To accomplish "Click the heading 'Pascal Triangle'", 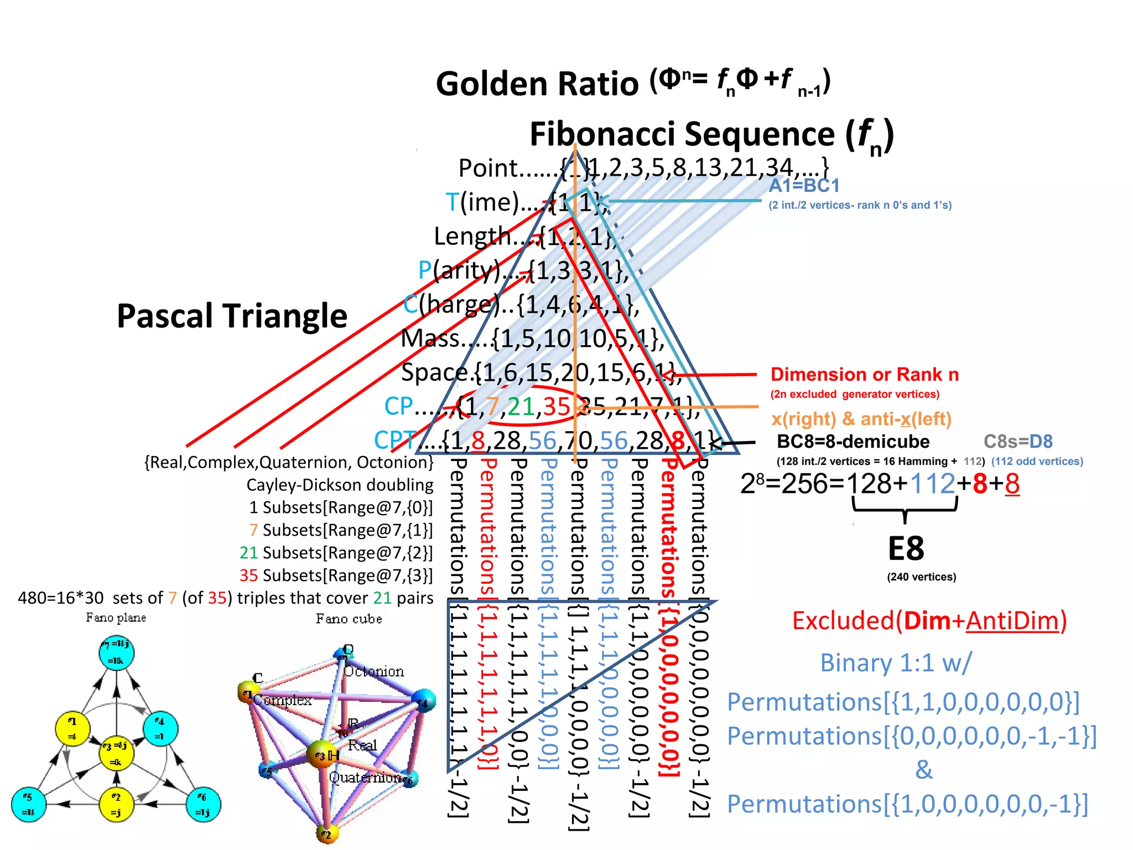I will pyautogui.click(x=232, y=316).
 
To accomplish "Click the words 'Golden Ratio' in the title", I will pyautogui.click(x=537, y=84).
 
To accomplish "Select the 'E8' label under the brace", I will pyautogui.click(x=906, y=549).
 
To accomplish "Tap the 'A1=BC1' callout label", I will pyautogui.click(x=804, y=185).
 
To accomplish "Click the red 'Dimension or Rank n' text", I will pyautogui.click(x=864, y=375).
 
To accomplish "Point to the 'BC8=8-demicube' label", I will pyautogui.click(x=853, y=442).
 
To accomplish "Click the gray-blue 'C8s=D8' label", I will pyautogui.click(x=1017, y=442).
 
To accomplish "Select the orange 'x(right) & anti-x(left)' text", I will pyautogui.click(x=861, y=419).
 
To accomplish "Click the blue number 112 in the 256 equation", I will pyautogui.click(x=932, y=484).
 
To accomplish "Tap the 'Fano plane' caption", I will pyautogui.click(x=116, y=618).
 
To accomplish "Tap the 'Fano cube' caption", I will pyautogui.click(x=349, y=619).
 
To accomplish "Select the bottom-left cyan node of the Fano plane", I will pyautogui.click(x=28, y=804).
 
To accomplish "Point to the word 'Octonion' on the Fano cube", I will pyautogui.click(x=374, y=671).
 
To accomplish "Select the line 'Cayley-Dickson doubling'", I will pyautogui.click(x=340, y=485).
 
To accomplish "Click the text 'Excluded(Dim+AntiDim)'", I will pyautogui.click(x=929, y=621).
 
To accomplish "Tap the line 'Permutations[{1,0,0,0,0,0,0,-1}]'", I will pyautogui.click(x=907, y=804).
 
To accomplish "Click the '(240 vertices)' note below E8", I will pyautogui.click(x=921, y=577).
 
